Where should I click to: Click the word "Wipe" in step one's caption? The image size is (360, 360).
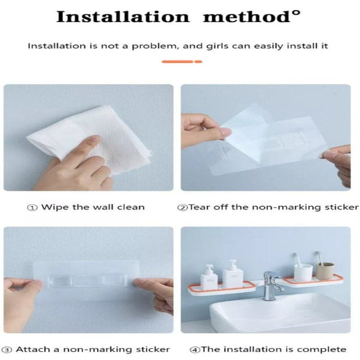(x=52, y=206)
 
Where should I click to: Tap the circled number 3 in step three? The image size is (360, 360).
(x=7, y=349)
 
